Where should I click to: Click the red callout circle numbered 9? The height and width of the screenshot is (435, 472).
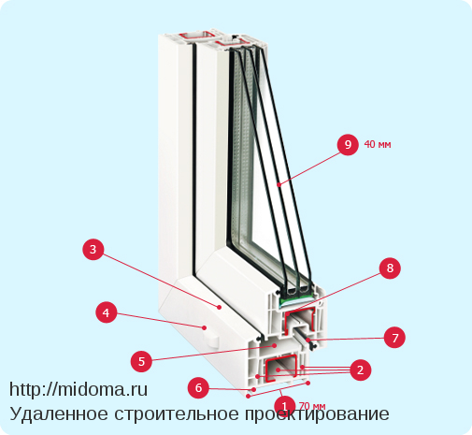coord(348,144)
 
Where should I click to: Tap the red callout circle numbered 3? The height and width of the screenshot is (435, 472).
coord(93,250)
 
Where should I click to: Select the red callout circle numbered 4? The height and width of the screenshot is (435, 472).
coord(107,312)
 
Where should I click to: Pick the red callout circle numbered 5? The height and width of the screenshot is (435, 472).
coord(141,361)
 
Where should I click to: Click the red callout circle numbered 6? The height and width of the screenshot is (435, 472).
coord(198,388)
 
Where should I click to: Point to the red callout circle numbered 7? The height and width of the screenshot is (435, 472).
coord(394,338)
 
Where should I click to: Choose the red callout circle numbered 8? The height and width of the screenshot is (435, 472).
coord(390,268)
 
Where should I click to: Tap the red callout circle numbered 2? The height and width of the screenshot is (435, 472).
coord(361,370)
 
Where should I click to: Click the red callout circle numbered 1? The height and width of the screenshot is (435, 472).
coord(284,406)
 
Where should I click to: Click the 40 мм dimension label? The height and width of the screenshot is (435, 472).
coord(378,144)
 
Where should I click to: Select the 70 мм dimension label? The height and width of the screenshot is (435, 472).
coord(312,406)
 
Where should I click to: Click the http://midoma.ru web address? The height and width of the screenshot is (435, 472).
coord(79,389)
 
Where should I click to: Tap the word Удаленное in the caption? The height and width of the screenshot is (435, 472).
coord(59,414)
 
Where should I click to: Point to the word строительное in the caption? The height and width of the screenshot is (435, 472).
coord(177,414)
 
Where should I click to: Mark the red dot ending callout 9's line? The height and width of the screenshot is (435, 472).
coord(279,184)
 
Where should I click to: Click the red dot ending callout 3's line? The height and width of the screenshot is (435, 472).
coord(220,307)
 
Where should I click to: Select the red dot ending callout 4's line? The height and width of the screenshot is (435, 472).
coord(205,327)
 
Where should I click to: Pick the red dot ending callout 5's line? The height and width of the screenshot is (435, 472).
coord(275,345)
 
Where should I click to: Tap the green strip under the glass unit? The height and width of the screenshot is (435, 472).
coord(297,300)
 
